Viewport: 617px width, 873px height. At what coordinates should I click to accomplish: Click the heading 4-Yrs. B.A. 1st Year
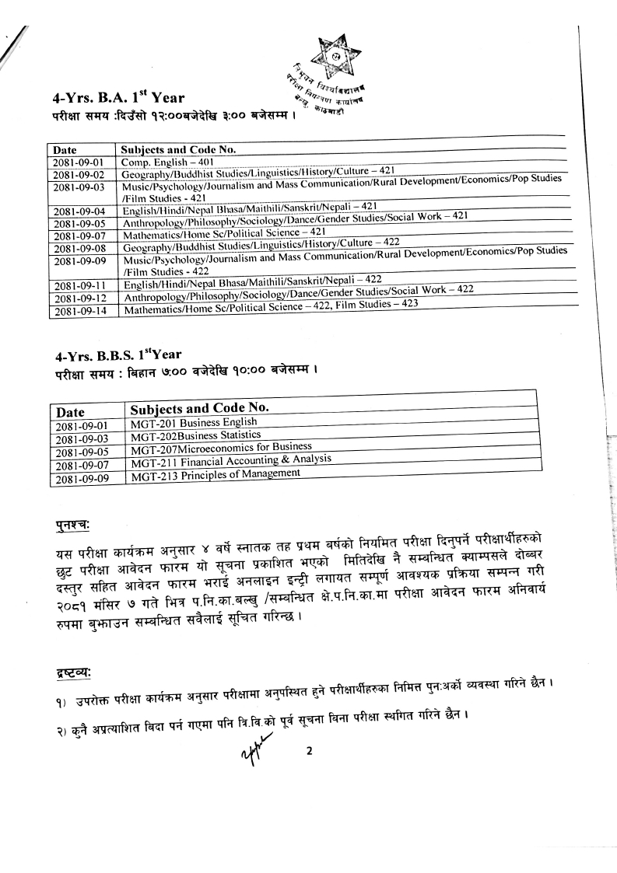(120, 98)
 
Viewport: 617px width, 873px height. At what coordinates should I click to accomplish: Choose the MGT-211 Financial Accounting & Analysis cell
(231, 462)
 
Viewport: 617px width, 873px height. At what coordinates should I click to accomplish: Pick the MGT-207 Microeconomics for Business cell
(221, 449)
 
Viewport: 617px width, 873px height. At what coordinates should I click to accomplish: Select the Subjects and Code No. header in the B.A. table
(180, 149)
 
